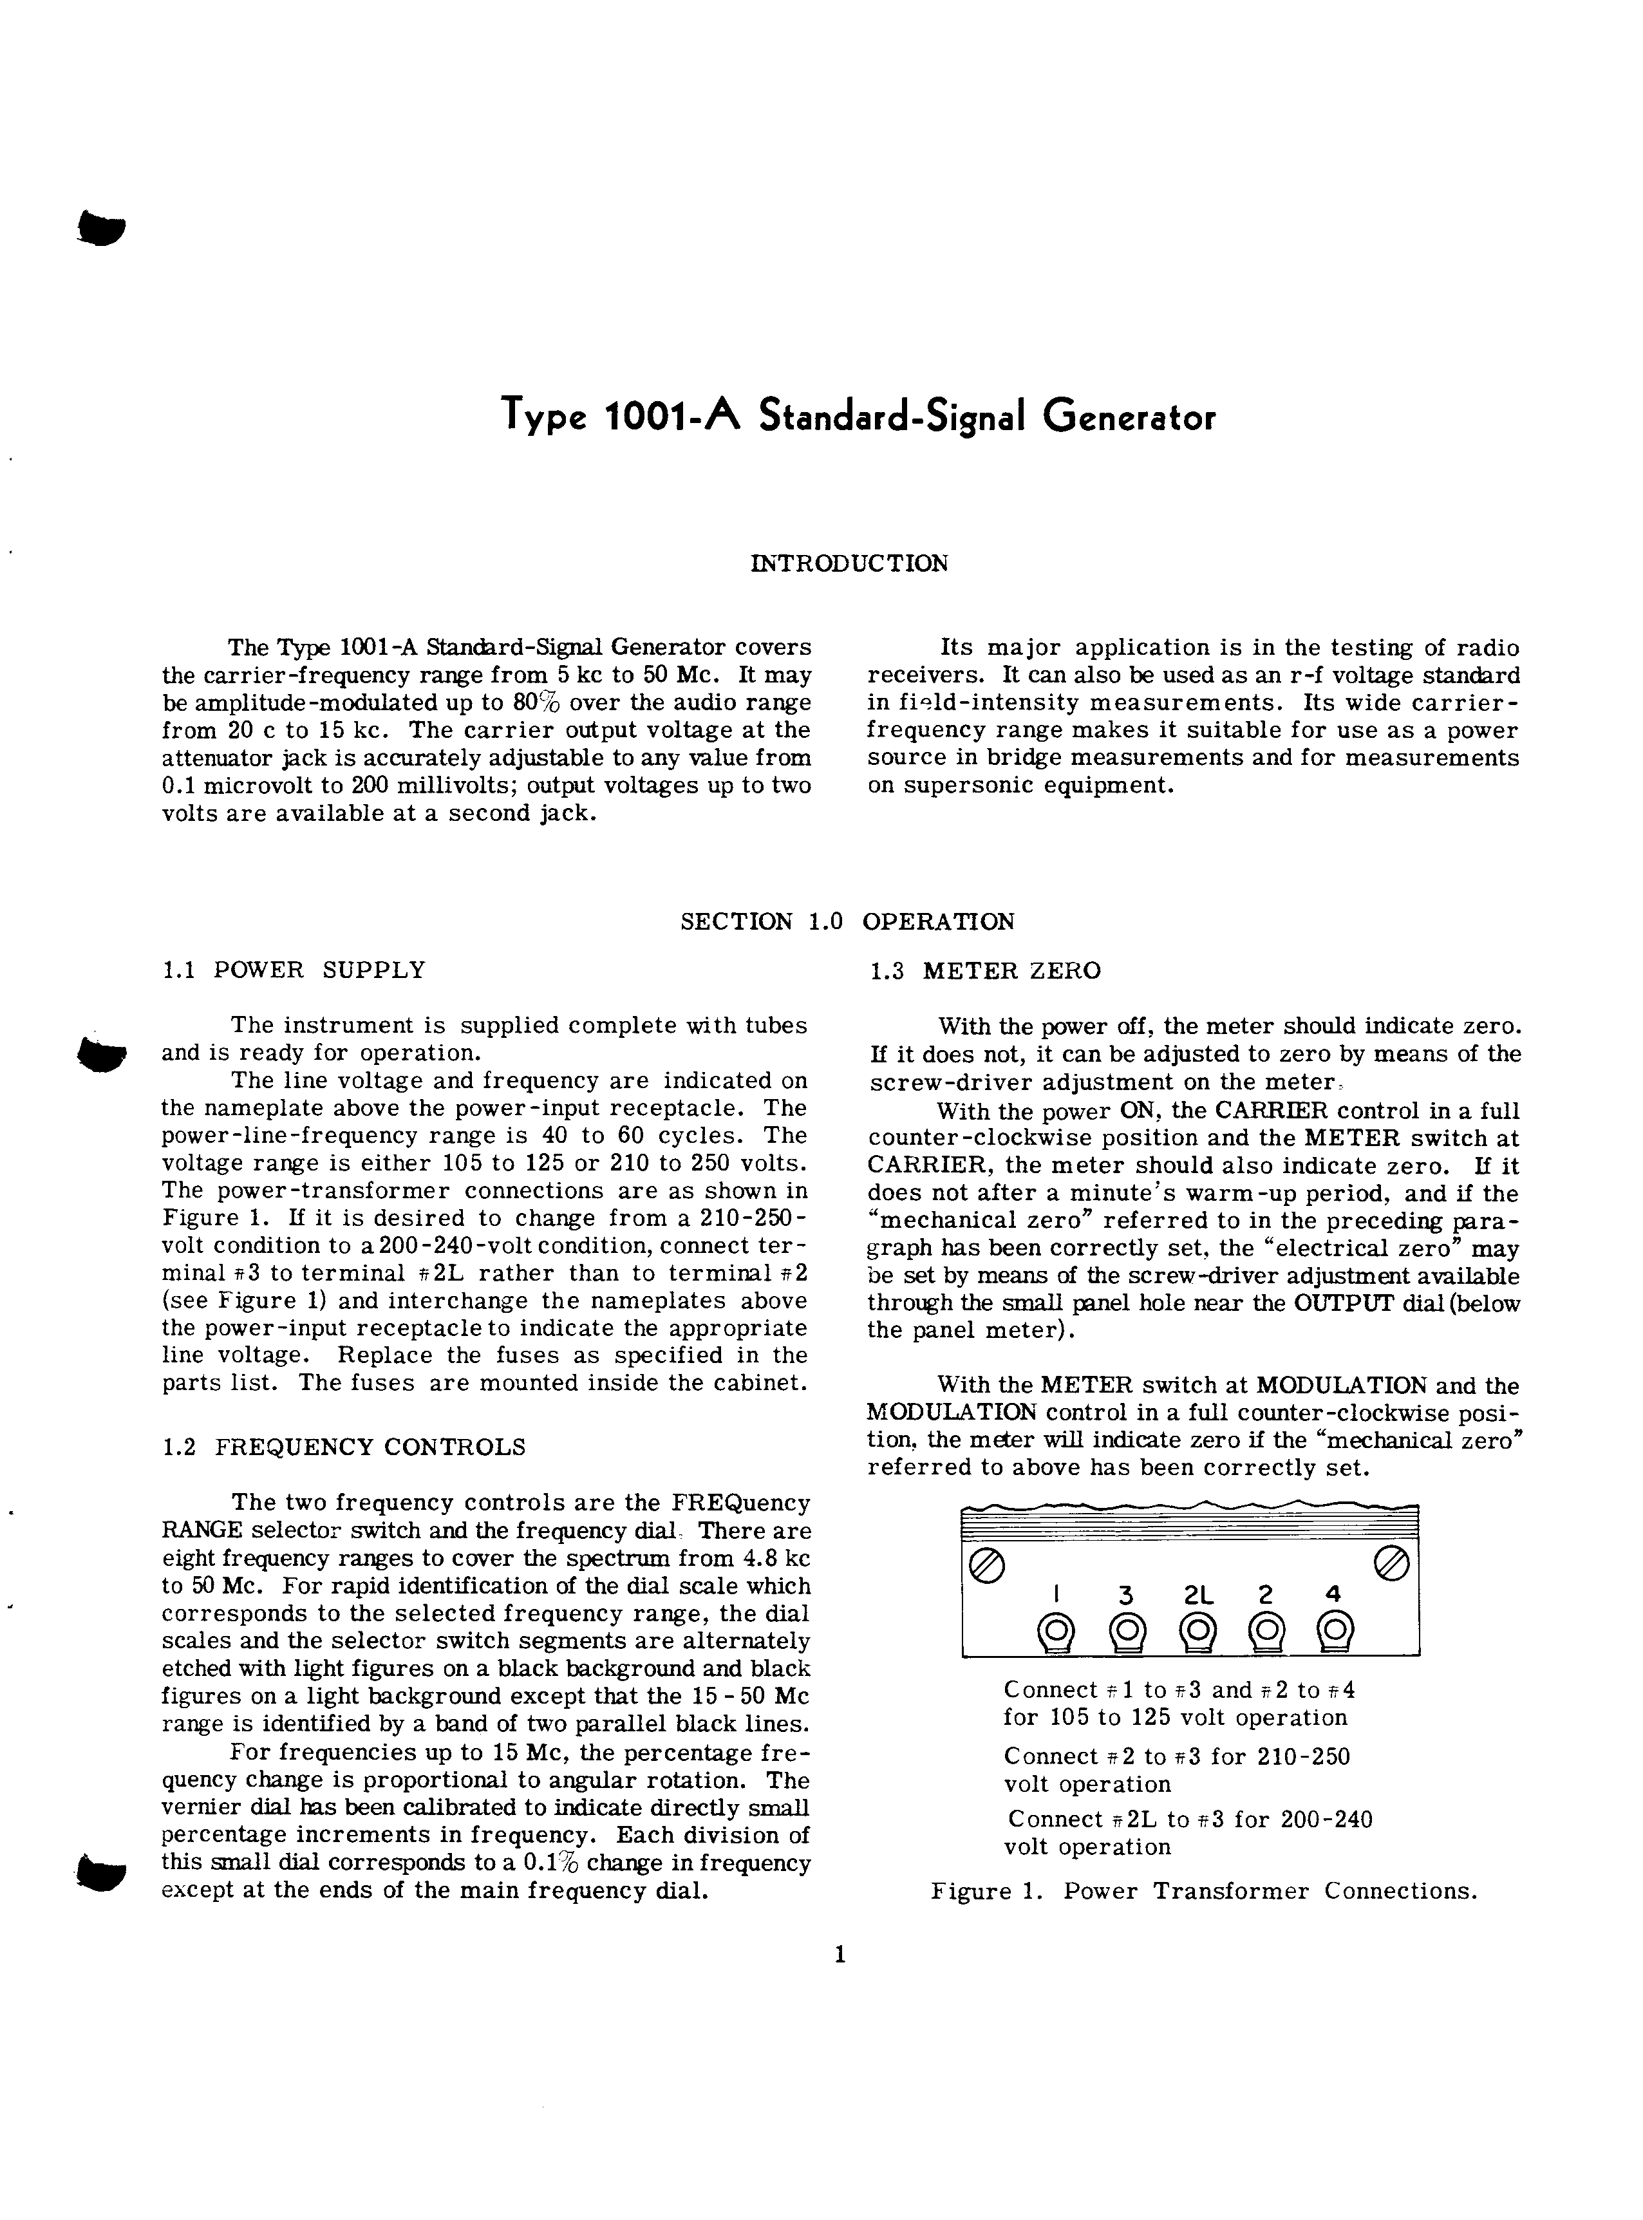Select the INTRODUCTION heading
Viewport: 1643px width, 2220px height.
coord(849,564)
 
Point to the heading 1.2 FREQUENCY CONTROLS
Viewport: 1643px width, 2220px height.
coord(343,1447)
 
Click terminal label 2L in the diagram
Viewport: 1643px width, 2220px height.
coord(1198,1595)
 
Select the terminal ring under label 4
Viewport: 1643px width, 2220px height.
coord(1335,1631)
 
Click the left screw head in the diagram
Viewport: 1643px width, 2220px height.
coord(986,1566)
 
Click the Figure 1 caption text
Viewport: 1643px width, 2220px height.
coord(1203,1892)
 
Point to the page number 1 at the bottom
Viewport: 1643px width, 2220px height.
coord(840,1955)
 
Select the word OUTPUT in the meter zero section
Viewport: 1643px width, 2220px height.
coord(1338,1304)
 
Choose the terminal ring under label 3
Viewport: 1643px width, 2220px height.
coord(1126,1631)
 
